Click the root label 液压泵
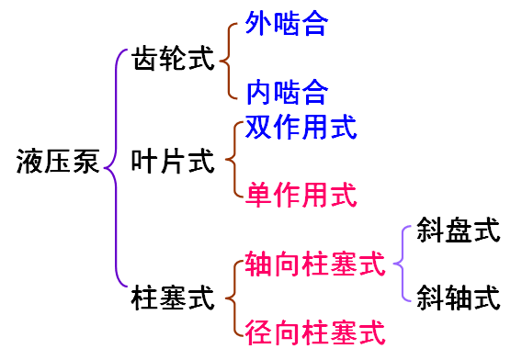58,163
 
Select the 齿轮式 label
172,60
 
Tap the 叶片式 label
172,163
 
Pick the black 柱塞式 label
172,298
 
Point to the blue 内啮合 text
286,93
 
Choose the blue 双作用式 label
301,128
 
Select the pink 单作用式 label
301,195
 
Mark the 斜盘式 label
457,231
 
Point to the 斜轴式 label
457,298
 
